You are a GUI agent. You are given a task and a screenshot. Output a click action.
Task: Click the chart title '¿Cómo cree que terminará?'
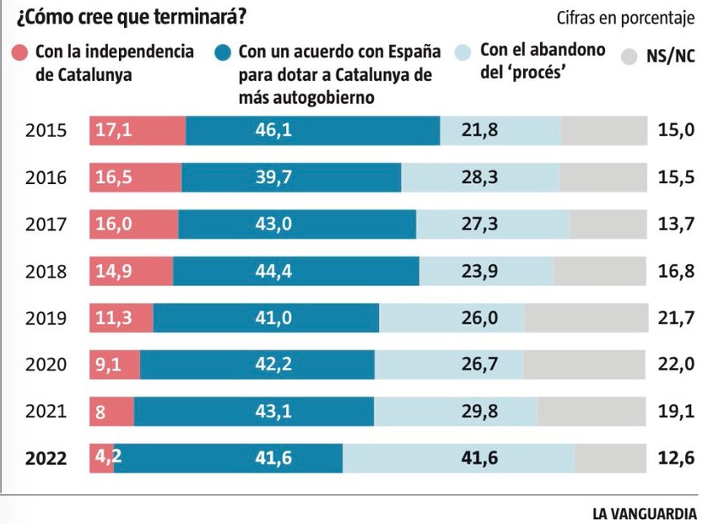click(x=118, y=16)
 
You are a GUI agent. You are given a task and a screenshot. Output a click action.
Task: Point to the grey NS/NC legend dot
click(x=630, y=57)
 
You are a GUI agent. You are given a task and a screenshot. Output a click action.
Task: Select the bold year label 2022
click(x=46, y=458)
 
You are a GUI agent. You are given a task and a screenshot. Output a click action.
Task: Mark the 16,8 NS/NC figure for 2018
click(x=676, y=271)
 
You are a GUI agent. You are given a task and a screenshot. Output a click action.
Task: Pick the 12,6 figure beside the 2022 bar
click(x=676, y=458)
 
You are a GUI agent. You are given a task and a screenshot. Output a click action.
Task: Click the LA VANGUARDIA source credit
click(x=645, y=512)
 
